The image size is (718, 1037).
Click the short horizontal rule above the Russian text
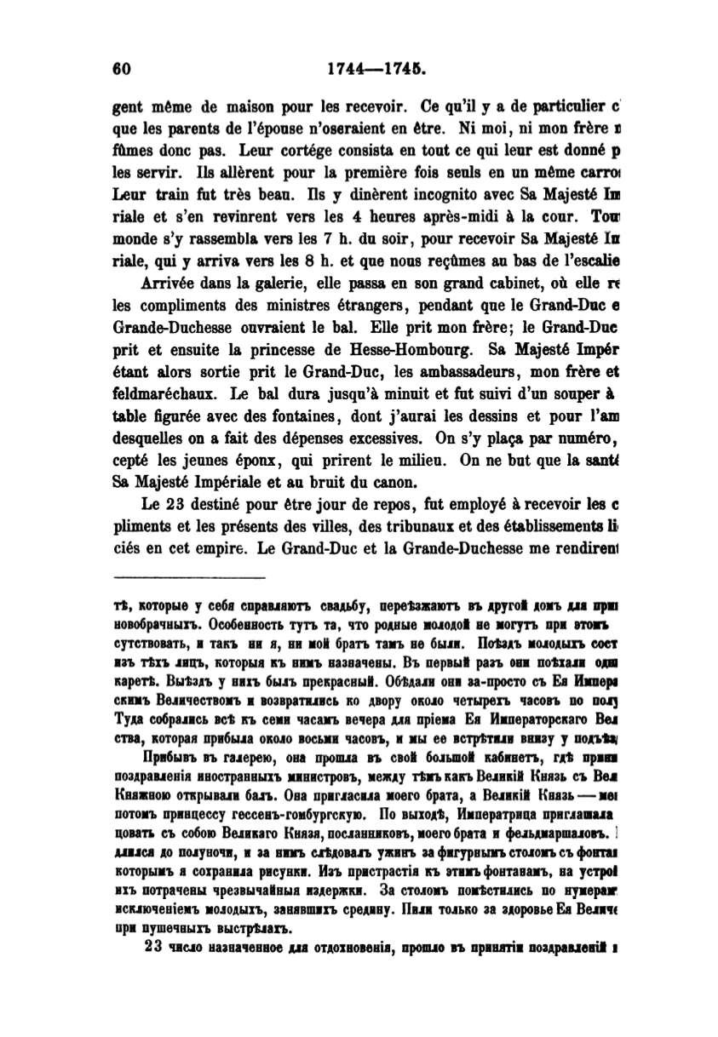pos(190,578)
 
